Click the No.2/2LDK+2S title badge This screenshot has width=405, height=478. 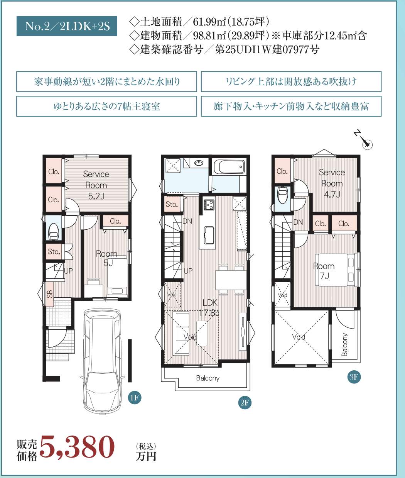pyautogui.click(x=67, y=26)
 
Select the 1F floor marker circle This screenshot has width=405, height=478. pyautogui.click(x=135, y=398)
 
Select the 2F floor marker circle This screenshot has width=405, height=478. pyautogui.click(x=245, y=403)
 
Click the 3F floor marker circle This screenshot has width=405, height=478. pyautogui.click(x=354, y=377)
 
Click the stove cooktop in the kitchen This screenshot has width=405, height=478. pyautogui.click(x=209, y=205)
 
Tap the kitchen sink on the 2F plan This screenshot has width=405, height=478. pyautogui.click(x=209, y=235)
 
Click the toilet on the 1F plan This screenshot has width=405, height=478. pyautogui.click(x=53, y=231)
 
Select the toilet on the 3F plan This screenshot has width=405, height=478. pyautogui.click(x=282, y=195)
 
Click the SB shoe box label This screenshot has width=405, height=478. pyautogui.click(x=50, y=294)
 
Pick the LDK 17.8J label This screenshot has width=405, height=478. pyautogui.click(x=209, y=308)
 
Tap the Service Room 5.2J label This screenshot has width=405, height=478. pyautogui.click(x=96, y=185)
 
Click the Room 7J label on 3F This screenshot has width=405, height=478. pyautogui.click(x=324, y=271)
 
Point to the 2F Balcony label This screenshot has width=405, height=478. pyautogui.click(x=208, y=378)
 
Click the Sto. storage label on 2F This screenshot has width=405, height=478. pyautogui.click(x=172, y=204)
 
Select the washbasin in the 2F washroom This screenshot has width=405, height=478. pyautogui.click(x=199, y=163)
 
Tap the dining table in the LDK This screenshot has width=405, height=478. pyautogui.click(x=231, y=280)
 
